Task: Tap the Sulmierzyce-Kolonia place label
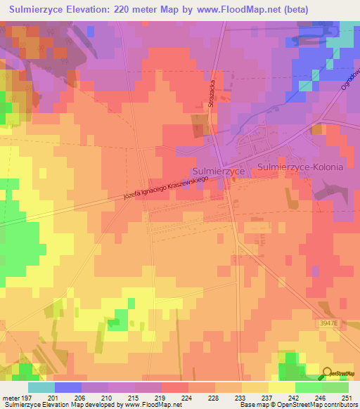coord(300,167)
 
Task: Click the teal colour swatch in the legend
coord(41,387)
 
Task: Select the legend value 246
coord(316,398)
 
